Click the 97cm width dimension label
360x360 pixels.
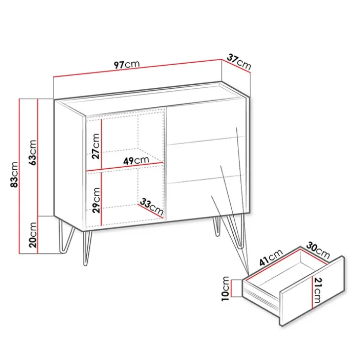(x=127, y=64)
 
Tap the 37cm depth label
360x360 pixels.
(x=239, y=62)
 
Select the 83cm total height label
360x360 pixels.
(x=14, y=175)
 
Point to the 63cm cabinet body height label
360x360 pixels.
(x=33, y=152)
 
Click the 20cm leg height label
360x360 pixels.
(x=33, y=235)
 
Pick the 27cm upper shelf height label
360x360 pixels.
(x=96, y=146)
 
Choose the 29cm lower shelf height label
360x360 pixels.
(x=96, y=200)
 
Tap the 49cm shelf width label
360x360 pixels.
(x=136, y=160)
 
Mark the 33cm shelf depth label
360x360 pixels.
(x=151, y=206)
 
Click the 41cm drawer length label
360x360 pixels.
(x=271, y=257)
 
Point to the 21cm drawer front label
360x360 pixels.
(x=318, y=290)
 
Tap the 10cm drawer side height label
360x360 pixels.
(x=225, y=288)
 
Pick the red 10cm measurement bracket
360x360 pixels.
(x=231, y=288)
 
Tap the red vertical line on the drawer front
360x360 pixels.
(x=312, y=292)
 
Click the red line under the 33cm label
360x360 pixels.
(x=150, y=210)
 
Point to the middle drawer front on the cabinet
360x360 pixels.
(x=206, y=160)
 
